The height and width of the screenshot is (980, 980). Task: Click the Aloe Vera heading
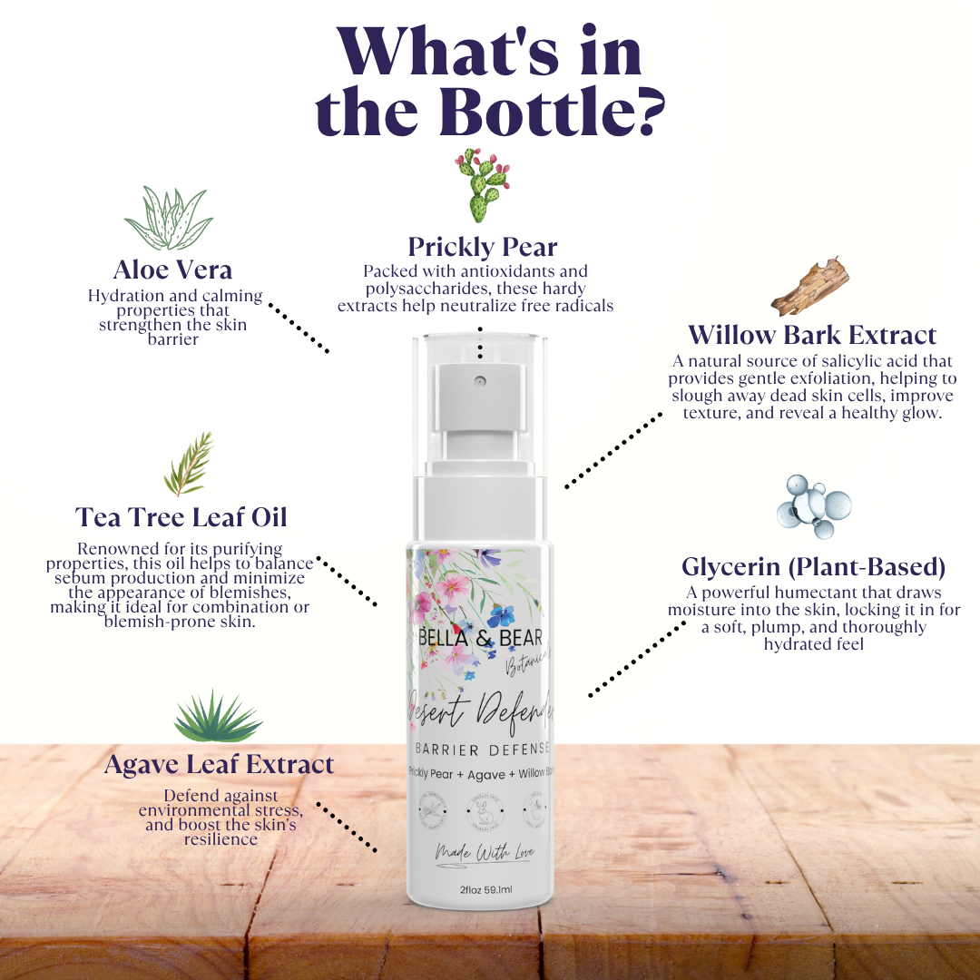(x=172, y=269)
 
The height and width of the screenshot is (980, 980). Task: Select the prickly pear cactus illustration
(x=482, y=186)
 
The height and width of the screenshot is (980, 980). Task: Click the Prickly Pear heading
(x=482, y=247)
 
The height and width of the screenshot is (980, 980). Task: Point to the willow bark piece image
(x=809, y=287)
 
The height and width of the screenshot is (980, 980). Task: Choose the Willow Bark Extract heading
(x=812, y=334)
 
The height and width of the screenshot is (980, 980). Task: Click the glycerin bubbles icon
(x=814, y=505)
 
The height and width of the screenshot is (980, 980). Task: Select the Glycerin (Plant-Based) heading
(x=813, y=567)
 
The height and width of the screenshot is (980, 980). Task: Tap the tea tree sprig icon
(x=190, y=464)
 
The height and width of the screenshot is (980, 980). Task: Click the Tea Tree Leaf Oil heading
(x=181, y=516)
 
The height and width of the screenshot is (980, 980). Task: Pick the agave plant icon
(x=218, y=717)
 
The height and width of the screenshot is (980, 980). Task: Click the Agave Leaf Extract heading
(x=219, y=764)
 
